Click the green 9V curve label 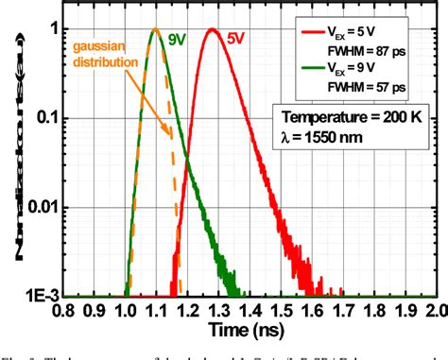[177, 40]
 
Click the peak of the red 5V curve [213, 29]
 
